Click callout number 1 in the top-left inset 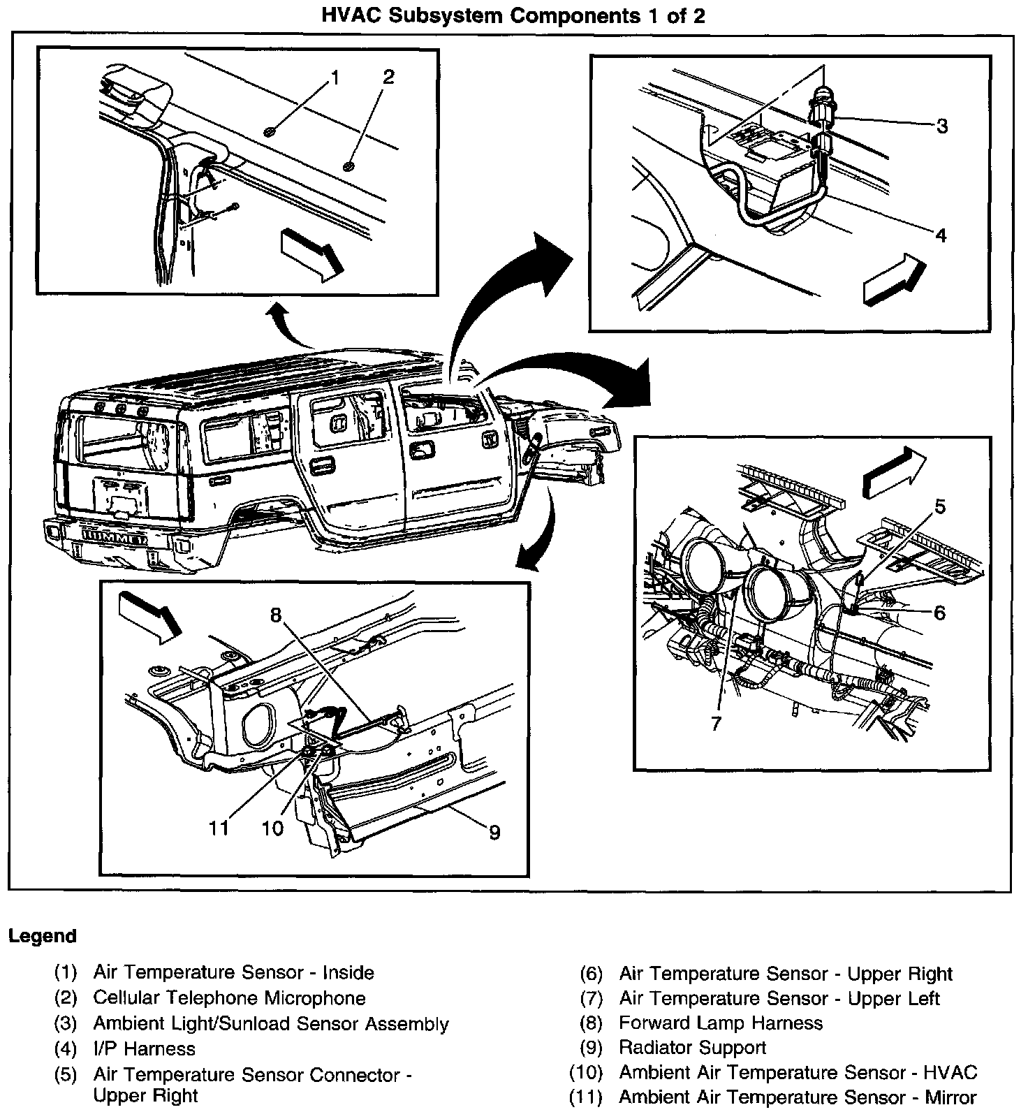click(335, 78)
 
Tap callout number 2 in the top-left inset click(388, 77)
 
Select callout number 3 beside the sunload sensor click(941, 126)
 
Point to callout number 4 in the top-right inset click(940, 236)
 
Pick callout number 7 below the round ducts click(715, 723)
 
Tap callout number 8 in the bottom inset click(276, 615)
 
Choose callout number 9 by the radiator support click(494, 832)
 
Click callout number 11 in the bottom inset click(219, 828)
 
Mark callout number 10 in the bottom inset click(272, 828)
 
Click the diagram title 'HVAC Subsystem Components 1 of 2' click(513, 15)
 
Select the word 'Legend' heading click(43, 936)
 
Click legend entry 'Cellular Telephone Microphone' click(229, 998)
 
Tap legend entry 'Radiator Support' click(692, 1048)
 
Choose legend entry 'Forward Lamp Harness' click(721, 1023)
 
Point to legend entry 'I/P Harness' click(145, 1048)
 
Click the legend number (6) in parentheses click(591, 974)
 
